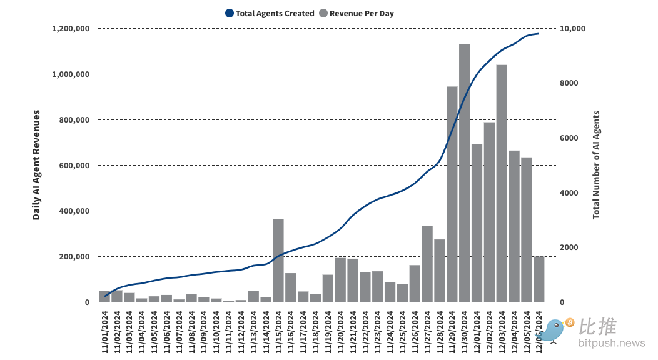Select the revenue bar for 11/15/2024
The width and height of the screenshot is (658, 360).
278,260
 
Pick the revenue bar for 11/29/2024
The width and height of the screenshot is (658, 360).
452,194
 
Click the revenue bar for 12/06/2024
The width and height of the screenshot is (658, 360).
539,279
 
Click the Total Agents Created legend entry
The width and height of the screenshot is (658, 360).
270,13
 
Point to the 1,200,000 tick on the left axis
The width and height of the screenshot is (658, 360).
71,29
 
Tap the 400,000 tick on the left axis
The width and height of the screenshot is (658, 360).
73,211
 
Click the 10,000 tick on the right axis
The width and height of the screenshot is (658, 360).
572,29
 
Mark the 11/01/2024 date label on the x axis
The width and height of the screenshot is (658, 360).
104,331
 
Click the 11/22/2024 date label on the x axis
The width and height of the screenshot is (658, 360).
365,331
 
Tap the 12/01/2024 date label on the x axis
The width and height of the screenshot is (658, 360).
477,331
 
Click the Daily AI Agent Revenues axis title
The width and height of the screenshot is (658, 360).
37,165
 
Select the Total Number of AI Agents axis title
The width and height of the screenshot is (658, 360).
596,165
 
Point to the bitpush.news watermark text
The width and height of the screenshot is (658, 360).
611,343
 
